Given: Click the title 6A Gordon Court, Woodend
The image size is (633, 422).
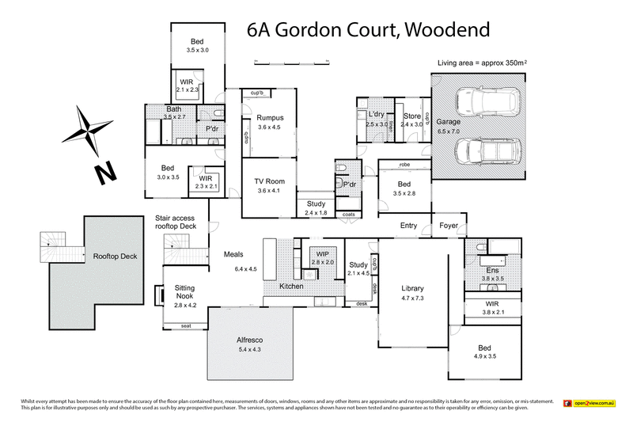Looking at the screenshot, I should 368,30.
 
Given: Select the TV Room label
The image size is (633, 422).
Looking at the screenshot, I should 270,185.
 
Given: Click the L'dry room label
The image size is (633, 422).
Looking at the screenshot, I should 376,120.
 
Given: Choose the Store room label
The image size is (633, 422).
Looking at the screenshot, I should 411,120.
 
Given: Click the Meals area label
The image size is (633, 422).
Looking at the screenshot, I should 232,254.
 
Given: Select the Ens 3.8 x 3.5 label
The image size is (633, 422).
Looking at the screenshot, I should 493,275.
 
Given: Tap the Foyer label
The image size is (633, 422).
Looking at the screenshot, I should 449,226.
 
